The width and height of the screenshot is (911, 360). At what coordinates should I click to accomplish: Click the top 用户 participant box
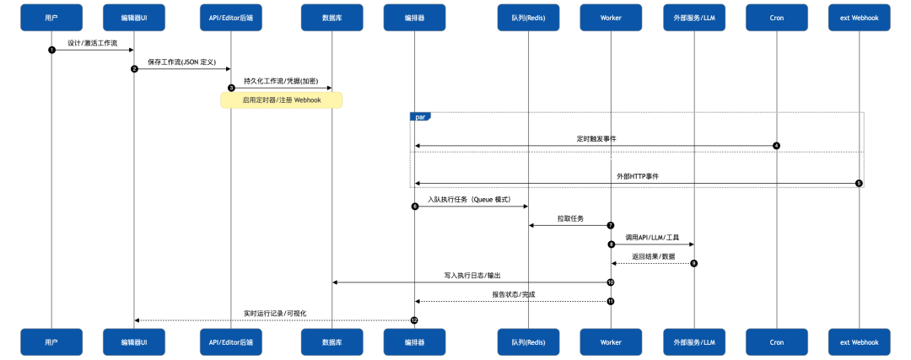point(51,17)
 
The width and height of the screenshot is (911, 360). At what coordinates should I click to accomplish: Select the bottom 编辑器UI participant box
point(135,342)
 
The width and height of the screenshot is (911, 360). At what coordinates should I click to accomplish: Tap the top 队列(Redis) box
point(528,17)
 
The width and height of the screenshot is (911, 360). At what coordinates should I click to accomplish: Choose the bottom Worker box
point(611,342)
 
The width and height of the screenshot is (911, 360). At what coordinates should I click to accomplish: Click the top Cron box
point(776,17)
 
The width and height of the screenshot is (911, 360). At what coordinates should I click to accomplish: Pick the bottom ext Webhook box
point(859,342)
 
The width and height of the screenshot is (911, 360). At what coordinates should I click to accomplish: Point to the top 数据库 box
point(332,17)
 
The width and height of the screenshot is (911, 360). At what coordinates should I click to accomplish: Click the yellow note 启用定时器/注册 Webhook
point(282,100)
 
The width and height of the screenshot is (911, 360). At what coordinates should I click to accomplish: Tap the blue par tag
point(421,116)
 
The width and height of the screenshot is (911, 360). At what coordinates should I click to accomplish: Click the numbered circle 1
point(51,50)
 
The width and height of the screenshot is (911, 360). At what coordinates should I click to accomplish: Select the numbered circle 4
point(776,146)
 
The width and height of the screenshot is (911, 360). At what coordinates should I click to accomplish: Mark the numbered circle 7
point(611,225)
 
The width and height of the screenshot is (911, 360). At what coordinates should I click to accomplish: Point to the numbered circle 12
point(414,320)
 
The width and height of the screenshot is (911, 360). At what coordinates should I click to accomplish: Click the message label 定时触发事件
point(596,138)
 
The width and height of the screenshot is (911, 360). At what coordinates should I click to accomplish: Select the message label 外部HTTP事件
point(637,176)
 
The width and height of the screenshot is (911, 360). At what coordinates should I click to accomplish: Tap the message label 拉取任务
point(569,218)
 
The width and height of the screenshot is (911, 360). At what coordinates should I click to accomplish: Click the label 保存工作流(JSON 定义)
point(183,62)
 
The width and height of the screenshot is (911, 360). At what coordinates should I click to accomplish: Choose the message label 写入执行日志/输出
point(471,275)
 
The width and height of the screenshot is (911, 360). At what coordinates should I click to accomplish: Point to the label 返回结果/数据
point(653,256)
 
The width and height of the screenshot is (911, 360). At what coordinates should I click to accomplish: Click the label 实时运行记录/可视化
point(275,313)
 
